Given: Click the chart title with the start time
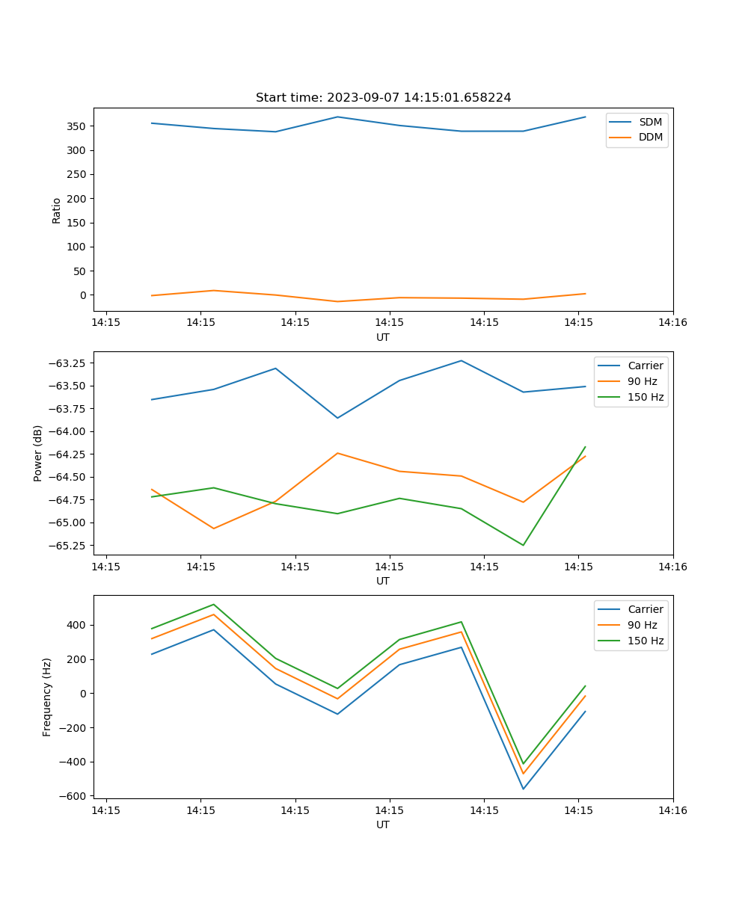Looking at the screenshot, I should (383, 98).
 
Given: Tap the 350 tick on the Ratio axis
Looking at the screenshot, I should (77, 126).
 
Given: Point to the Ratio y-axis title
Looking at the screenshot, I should (57, 210).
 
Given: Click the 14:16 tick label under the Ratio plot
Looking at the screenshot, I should (672, 323).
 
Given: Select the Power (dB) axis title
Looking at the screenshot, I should (38, 453).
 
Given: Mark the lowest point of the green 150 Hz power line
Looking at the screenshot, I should (523, 545).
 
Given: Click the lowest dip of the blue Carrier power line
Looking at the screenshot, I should (337, 418).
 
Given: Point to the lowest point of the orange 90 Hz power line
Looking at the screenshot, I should (214, 528).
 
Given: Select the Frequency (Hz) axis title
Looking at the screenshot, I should (47, 697).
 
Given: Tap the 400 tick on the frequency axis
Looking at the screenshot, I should (77, 625).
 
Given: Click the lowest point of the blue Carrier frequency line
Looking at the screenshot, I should (523, 789).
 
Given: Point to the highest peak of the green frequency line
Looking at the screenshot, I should (214, 604).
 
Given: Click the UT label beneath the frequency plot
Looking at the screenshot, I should (383, 824).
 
